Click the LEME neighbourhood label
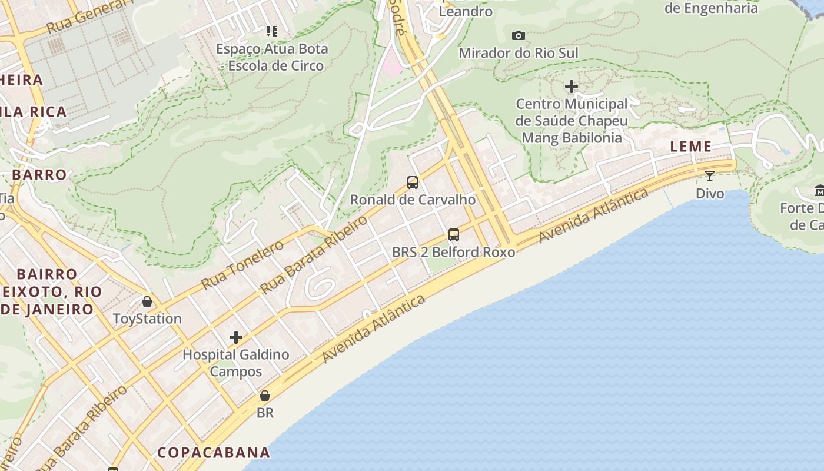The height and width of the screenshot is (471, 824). coord(691,147)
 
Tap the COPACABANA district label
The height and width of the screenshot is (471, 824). coord(214,452)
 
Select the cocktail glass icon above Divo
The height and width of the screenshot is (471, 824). coord(710,175)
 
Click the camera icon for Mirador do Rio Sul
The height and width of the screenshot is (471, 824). coord(518,36)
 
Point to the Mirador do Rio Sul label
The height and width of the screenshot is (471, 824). coord(518,53)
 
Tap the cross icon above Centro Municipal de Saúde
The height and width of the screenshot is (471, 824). coord(571,87)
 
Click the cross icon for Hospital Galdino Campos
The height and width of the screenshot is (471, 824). coord(236,337)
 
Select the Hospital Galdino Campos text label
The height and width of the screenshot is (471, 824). coord(236,363)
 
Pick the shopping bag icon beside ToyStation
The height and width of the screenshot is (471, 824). coord(147,301)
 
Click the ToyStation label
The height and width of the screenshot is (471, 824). coord(147,319)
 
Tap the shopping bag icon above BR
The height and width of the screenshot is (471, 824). coord(265,396)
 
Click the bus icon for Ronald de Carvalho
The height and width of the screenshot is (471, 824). coord(413,183)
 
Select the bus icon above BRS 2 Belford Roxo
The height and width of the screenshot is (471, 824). coord(453,235)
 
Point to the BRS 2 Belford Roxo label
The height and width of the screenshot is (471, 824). coord(453,252)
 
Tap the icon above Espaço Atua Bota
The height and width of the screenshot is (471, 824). coord(271,31)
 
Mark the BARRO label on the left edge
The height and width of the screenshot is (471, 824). coord(39,175)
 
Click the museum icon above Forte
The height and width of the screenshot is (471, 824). coord(819,190)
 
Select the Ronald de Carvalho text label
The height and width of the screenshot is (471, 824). coord(413,200)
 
